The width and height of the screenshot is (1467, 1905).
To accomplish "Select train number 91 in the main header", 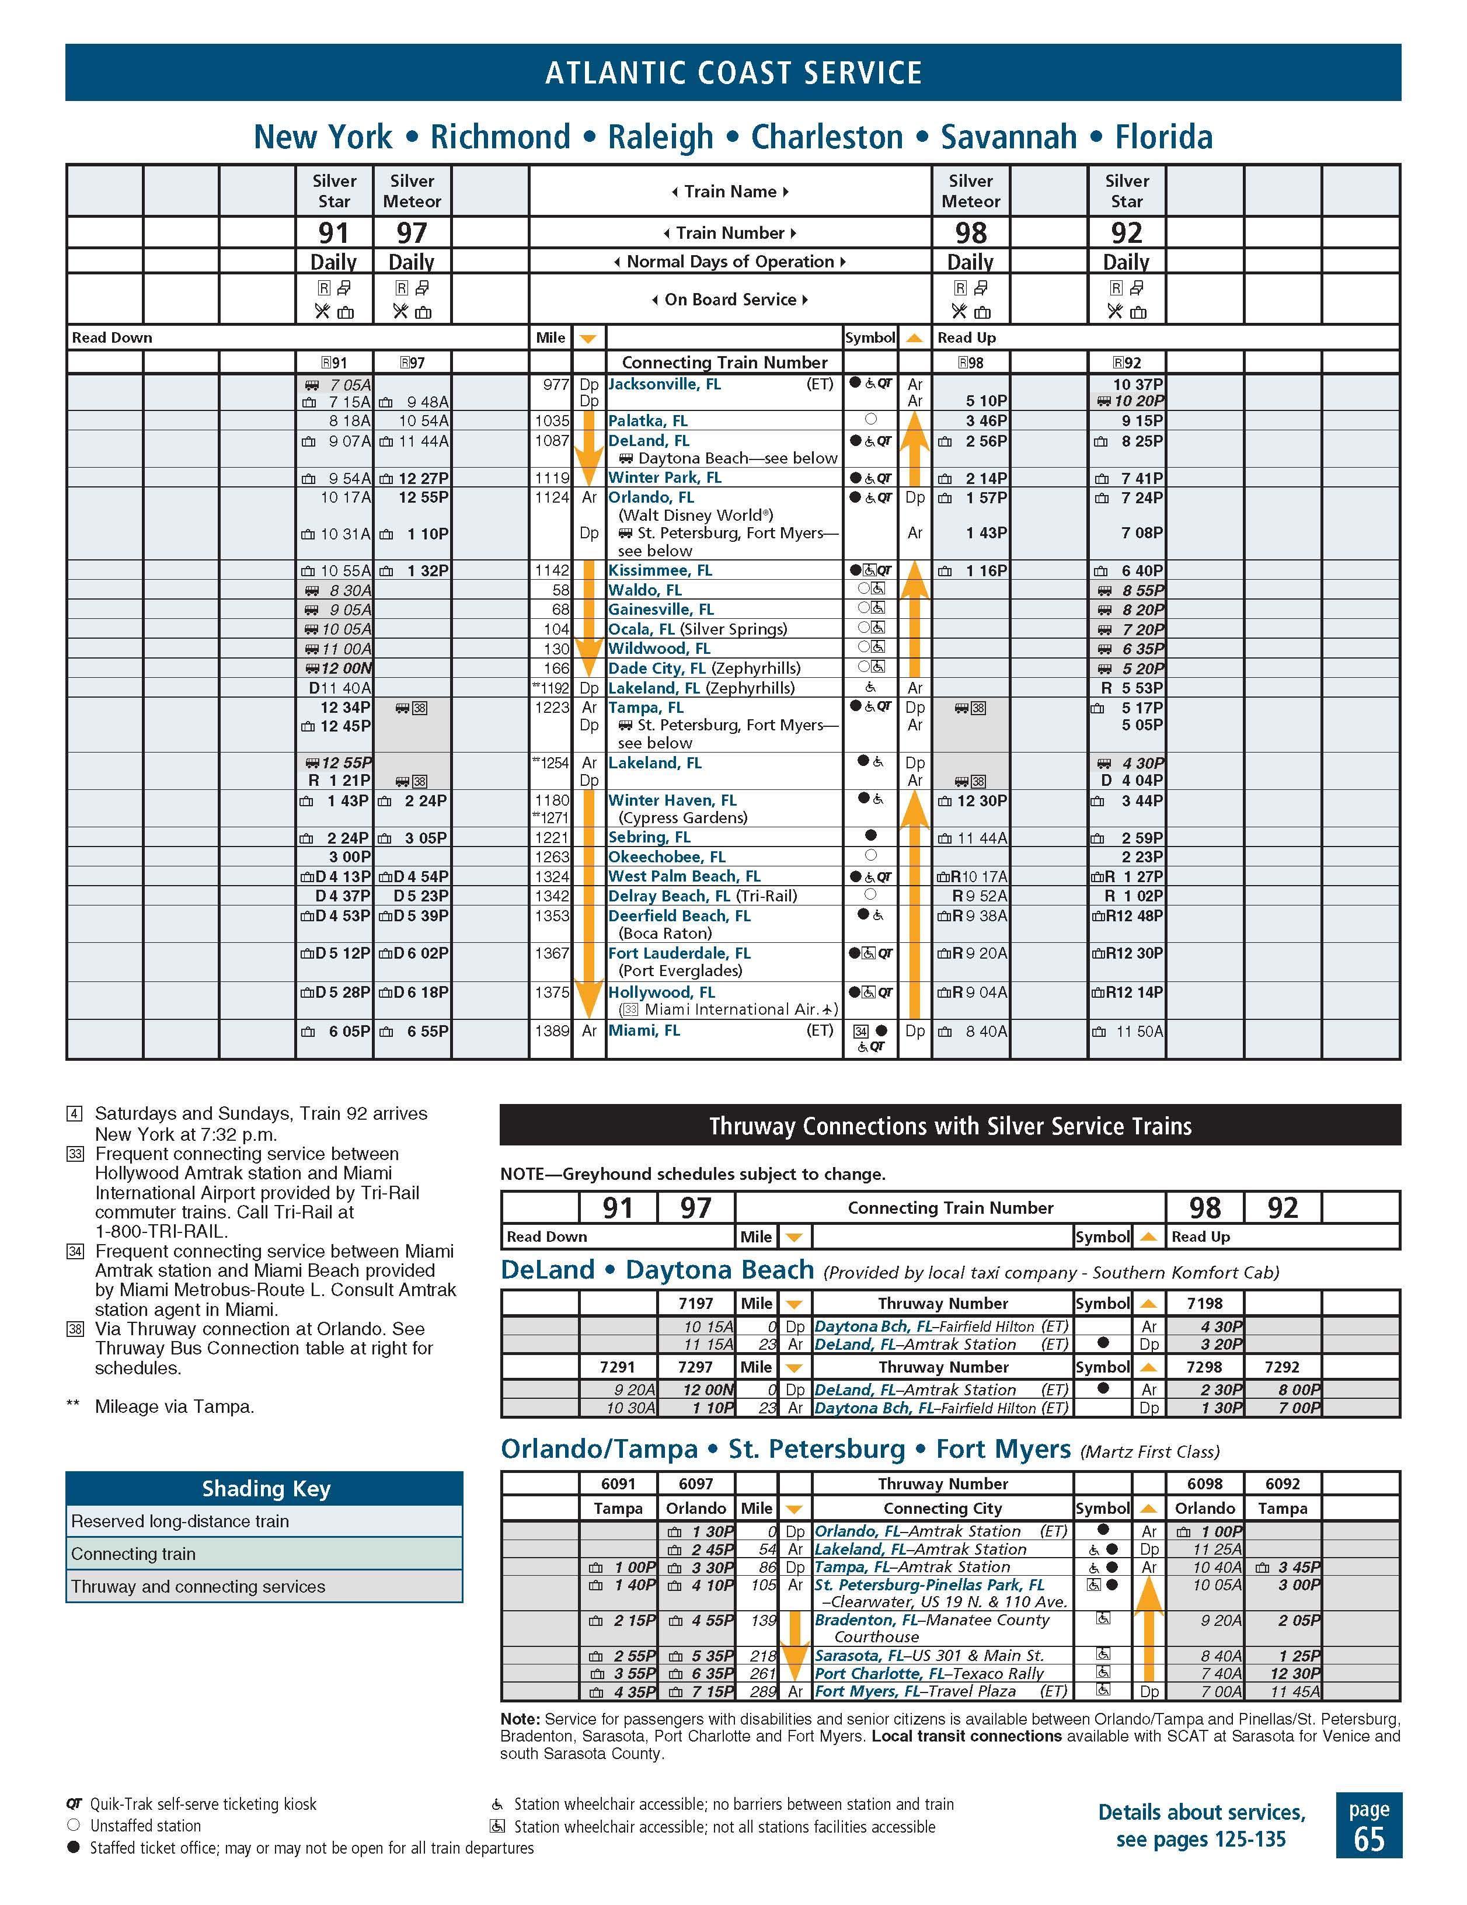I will click(333, 233).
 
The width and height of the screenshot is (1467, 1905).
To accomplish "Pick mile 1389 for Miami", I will click(551, 1031).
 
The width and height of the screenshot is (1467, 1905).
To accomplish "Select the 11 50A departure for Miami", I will click(1138, 1032).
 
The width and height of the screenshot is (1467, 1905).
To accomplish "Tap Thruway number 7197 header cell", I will click(695, 1303).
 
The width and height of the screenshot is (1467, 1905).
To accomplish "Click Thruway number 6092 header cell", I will click(1282, 1483).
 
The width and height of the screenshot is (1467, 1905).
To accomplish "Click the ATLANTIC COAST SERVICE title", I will click(733, 72).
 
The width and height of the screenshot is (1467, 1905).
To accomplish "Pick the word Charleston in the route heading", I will click(826, 137).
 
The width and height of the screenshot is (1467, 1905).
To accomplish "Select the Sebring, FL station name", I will click(649, 837).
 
